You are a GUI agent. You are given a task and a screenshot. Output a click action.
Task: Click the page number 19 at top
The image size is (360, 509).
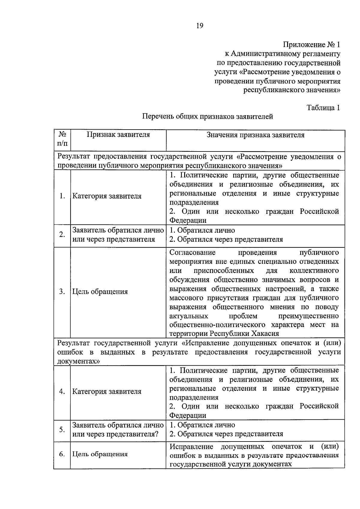point(200,26)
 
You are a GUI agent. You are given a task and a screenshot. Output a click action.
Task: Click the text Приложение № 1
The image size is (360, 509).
point(312,45)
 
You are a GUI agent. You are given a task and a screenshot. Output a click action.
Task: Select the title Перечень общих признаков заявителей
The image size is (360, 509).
point(208,116)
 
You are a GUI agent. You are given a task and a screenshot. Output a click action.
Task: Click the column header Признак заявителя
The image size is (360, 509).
point(118,135)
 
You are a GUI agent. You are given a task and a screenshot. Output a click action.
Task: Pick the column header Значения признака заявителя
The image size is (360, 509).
point(255,135)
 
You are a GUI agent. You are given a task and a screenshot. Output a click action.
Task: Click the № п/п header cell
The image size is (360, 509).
point(62,139)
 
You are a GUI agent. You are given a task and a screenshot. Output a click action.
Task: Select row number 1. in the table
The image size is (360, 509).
point(62,196)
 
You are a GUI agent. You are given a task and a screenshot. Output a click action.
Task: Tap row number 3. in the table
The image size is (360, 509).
point(62,292)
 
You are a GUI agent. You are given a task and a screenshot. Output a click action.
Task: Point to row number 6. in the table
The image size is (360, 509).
point(62,454)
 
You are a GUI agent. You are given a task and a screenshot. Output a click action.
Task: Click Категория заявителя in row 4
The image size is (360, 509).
point(107,391)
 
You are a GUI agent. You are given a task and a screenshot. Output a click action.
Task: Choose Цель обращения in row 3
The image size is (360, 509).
point(100,292)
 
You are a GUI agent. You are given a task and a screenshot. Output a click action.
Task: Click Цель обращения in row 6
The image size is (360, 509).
point(100,454)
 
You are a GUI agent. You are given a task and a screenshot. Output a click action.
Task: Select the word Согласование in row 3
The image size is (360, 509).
point(192,253)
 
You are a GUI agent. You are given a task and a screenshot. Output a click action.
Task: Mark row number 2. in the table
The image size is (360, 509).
point(62,235)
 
